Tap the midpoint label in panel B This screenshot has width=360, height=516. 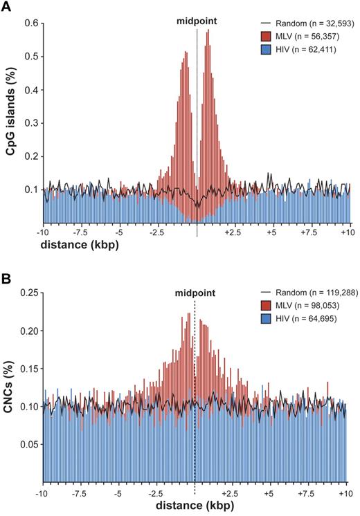click(x=195, y=292)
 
